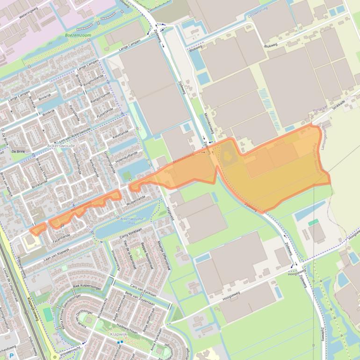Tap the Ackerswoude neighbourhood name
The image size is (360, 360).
(61, 146)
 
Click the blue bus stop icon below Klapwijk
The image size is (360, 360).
(121, 342)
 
